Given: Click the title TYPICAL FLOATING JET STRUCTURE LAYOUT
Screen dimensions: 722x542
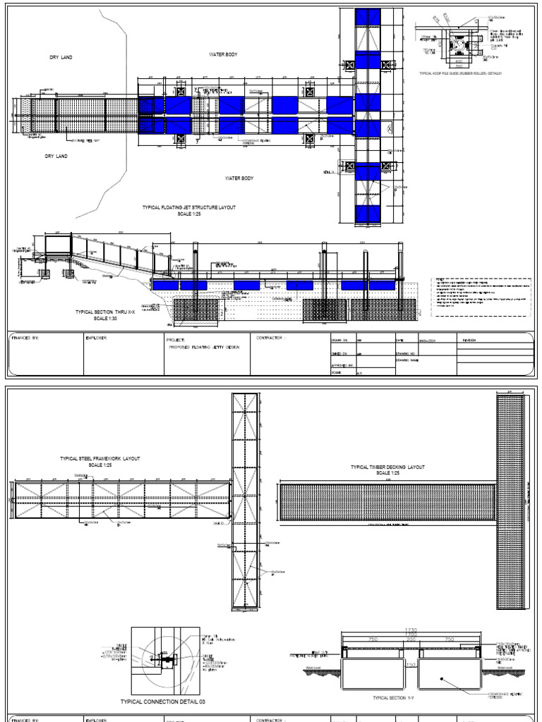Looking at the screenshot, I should pyautogui.click(x=189, y=208).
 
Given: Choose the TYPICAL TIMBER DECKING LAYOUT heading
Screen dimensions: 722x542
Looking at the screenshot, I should pyautogui.click(x=388, y=467).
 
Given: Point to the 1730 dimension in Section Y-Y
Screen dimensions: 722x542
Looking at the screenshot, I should pyautogui.click(x=410, y=629).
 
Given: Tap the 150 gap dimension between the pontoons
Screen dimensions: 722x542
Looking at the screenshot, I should pyautogui.click(x=411, y=663).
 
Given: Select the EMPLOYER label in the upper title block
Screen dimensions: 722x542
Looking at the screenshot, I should pyautogui.click(x=96, y=338).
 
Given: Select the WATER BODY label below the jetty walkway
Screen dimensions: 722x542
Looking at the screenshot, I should pyautogui.click(x=239, y=178).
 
